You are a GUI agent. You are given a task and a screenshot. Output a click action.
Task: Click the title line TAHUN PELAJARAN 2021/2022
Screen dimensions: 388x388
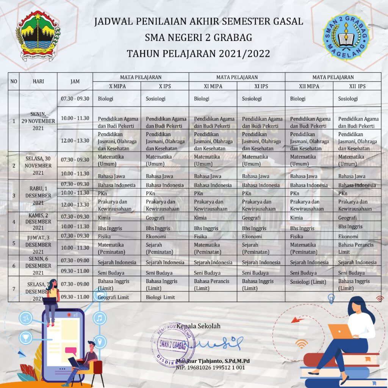coord(198,53)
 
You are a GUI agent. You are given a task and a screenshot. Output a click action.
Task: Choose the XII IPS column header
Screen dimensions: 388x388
coord(357,86)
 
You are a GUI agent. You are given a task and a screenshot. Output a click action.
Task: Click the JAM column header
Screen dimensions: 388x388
coord(75,81)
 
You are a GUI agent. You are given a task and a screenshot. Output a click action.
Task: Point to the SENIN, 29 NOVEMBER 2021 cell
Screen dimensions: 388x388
coord(38,121)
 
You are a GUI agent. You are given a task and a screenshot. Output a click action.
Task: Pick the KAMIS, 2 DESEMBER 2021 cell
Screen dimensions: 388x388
coord(38,221)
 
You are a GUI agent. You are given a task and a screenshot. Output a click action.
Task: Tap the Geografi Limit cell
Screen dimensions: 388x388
coord(113,297)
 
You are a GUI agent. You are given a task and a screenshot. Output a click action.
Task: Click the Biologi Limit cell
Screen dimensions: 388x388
coord(160,297)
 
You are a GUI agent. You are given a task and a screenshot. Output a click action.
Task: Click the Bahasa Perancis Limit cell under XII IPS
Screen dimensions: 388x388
coord(356,249)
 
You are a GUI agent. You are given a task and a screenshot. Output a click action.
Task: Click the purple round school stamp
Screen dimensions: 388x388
coord(173,345)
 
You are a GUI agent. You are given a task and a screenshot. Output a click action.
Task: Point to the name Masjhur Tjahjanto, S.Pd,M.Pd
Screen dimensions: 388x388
coord(213,361)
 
